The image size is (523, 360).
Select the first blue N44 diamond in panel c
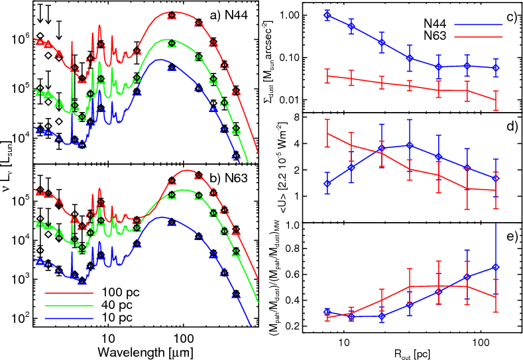pyautogui.click(x=327, y=15)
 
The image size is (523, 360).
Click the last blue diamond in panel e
pyautogui.click(x=496, y=267)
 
